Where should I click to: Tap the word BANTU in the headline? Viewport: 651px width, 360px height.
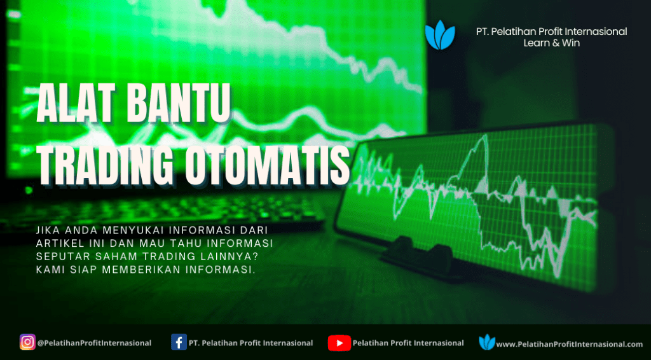pyautogui.click(x=179, y=102)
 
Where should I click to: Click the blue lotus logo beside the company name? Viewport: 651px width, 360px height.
pyautogui.click(x=440, y=35)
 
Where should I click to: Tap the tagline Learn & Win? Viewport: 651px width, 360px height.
pyautogui.click(x=551, y=43)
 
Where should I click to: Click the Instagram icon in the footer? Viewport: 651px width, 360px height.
pyautogui.click(x=27, y=342)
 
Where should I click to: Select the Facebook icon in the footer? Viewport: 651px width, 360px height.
pyautogui.click(x=179, y=342)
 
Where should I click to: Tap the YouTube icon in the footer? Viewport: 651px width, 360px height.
pyautogui.click(x=339, y=343)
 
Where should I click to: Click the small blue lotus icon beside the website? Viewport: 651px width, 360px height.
pyautogui.click(x=487, y=342)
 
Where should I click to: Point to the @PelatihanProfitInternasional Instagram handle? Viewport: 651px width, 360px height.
pyautogui.click(x=94, y=343)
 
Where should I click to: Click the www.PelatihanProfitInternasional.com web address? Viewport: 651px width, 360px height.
pyautogui.click(x=570, y=344)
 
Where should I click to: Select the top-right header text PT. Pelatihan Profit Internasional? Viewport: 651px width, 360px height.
pyautogui.click(x=552, y=32)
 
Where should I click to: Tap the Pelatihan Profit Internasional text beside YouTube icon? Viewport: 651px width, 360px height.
pyautogui.click(x=408, y=343)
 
